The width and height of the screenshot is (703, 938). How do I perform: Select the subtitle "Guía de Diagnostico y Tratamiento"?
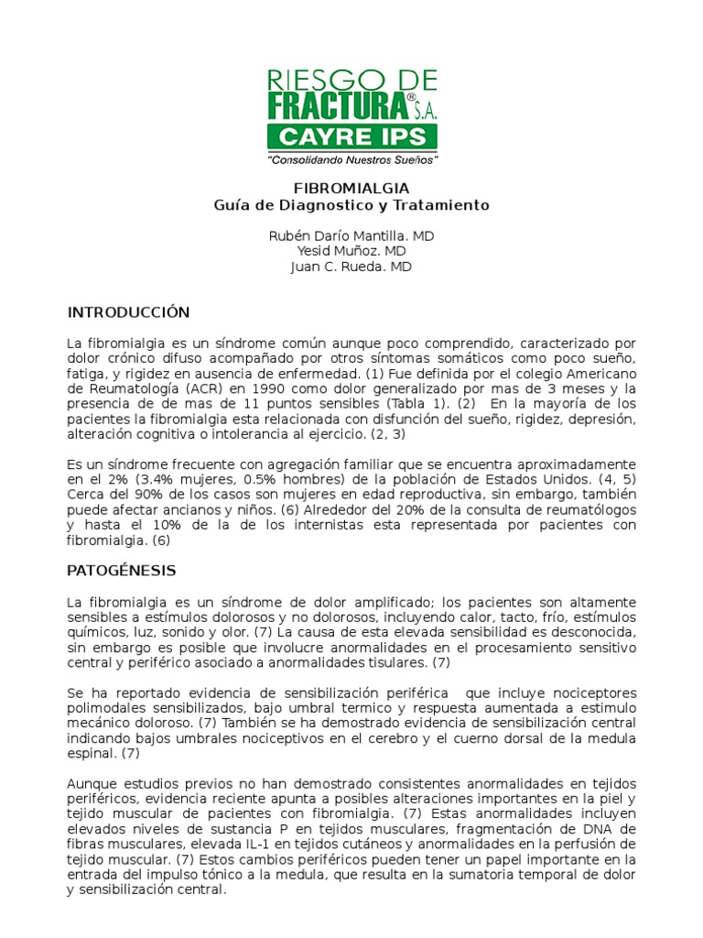tap(351, 205)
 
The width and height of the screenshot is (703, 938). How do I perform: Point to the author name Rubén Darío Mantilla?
tap(339, 235)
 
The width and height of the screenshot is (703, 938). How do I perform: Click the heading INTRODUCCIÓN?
tap(128, 312)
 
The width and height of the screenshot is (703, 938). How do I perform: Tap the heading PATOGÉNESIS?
tap(121, 571)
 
